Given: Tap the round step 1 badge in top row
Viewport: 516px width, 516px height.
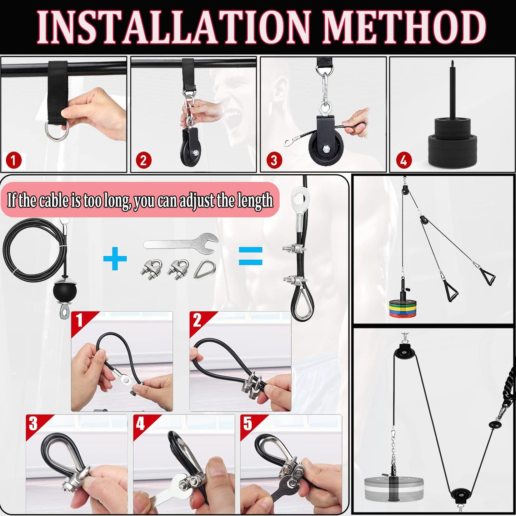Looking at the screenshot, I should [x=14, y=160].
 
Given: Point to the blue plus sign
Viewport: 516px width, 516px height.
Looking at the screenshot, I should [x=115, y=257].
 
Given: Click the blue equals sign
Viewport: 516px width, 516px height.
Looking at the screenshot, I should [x=250, y=256].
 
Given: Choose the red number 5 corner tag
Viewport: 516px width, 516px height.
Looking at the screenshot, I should [x=247, y=424].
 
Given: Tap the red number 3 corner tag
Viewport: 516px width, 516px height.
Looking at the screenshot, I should [x=33, y=424].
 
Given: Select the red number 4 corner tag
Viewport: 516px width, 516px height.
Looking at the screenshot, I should [x=140, y=424].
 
